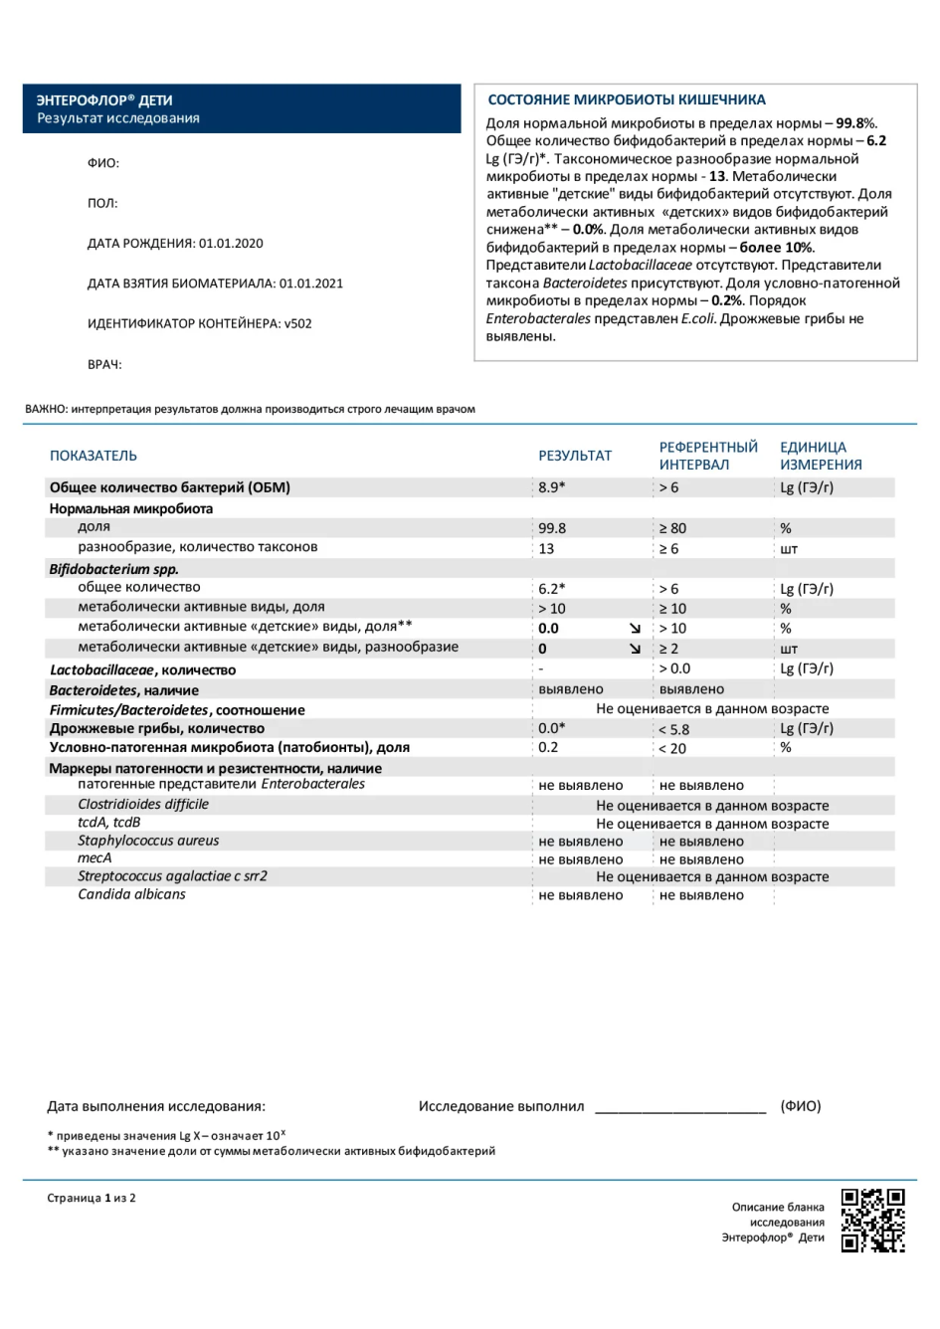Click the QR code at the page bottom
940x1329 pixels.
click(x=872, y=1220)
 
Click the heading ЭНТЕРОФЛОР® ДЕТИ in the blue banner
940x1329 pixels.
click(x=104, y=100)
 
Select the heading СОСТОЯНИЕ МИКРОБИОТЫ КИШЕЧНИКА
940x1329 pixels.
click(x=627, y=99)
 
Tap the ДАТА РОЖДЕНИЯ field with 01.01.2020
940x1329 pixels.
click(x=175, y=244)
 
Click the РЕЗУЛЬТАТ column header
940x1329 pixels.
click(x=575, y=456)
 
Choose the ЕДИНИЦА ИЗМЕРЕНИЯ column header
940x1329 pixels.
click(x=821, y=456)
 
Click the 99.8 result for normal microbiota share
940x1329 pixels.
click(x=552, y=528)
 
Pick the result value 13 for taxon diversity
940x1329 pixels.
click(x=546, y=548)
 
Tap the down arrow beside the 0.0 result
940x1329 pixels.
click(x=636, y=629)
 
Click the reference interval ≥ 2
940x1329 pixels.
click(x=668, y=649)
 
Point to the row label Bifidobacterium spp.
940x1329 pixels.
click(x=114, y=569)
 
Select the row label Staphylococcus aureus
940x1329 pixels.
click(x=148, y=841)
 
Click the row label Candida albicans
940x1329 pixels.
click(x=131, y=894)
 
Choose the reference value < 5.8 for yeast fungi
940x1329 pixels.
click(x=673, y=729)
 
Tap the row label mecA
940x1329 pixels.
click(x=94, y=858)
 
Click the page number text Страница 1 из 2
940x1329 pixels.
click(x=92, y=1198)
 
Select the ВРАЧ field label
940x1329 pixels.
click(x=104, y=364)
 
